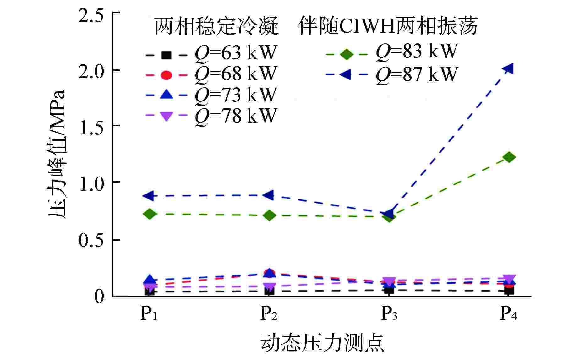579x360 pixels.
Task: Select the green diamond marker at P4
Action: click(509, 157)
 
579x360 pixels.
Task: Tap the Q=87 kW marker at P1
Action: click(149, 196)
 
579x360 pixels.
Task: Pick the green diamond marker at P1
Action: click(150, 214)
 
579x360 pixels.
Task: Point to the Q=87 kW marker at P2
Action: click(269, 195)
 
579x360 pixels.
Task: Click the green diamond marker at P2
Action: click(270, 215)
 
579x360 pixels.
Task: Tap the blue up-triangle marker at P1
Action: click(150, 279)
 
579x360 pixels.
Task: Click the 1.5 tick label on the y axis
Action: click(91, 128)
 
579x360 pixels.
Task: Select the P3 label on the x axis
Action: click(389, 314)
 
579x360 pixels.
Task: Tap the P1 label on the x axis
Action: click(149, 314)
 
